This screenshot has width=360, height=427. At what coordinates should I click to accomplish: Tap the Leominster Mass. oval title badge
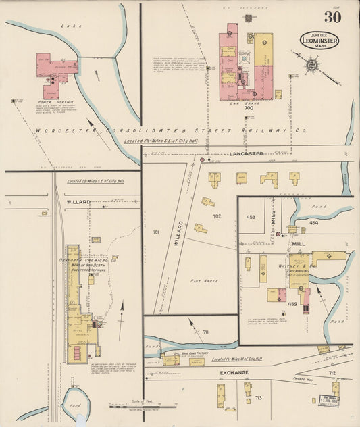319,39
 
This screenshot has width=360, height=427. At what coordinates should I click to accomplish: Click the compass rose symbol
313,66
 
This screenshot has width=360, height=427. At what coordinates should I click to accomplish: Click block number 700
249,107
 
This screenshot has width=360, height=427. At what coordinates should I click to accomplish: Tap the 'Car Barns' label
248,101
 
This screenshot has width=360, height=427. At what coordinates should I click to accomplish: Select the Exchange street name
234,372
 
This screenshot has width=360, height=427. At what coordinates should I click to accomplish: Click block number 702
217,216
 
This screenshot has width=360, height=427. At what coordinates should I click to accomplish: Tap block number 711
206,332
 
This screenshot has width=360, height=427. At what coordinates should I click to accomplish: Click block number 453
251,217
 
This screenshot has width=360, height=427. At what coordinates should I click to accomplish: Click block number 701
156,232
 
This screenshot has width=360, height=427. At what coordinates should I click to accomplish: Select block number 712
332,372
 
